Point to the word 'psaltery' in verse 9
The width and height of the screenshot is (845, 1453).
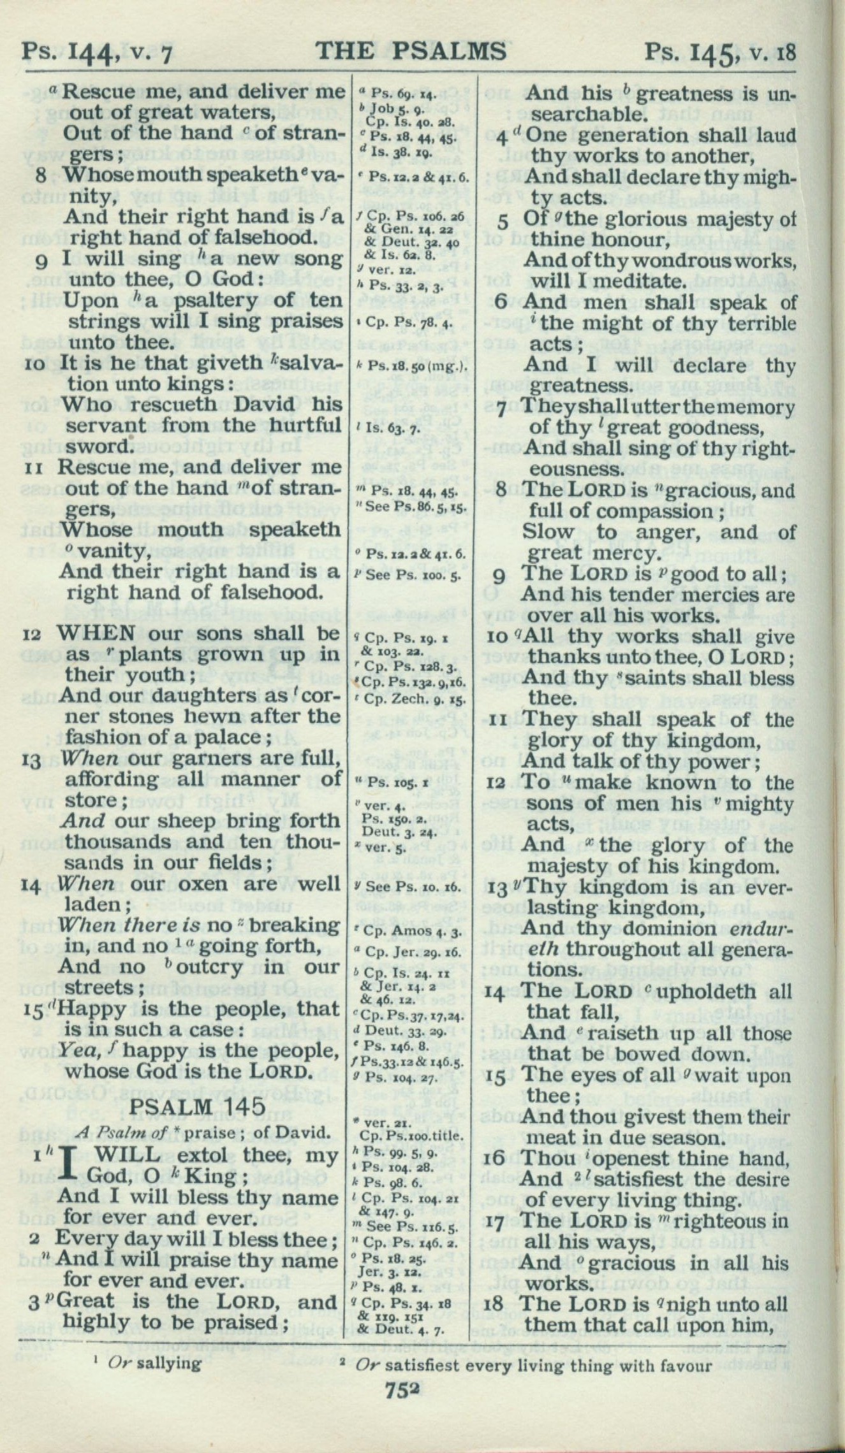205,300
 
